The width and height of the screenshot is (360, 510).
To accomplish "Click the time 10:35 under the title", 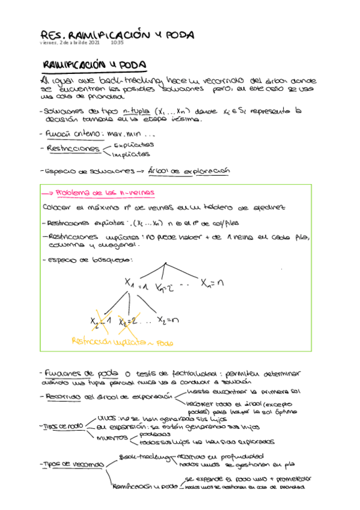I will (x=117, y=43).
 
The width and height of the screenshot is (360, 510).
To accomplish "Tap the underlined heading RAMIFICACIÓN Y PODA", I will (x=94, y=64).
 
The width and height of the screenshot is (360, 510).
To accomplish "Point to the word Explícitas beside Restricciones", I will (x=134, y=144).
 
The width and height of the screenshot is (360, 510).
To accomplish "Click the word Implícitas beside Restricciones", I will (x=132, y=154).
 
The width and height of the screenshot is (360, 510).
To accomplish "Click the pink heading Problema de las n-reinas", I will (x=105, y=192).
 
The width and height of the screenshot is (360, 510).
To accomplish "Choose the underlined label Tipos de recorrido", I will (x=72, y=464).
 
